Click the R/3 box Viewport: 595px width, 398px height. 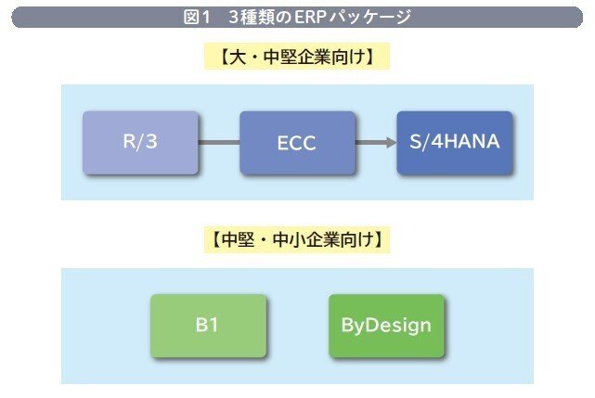point(140,143)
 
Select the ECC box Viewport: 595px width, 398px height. point(297,143)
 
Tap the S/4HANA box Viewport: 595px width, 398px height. point(454,143)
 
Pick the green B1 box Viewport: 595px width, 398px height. point(208,326)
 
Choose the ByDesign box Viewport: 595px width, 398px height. point(386,326)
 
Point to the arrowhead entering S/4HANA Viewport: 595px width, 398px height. point(389,143)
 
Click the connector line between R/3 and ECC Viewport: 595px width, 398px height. point(219,143)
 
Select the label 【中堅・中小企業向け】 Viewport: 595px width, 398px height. point(297,240)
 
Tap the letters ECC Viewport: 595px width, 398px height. point(297,144)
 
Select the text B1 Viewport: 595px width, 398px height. point(208,326)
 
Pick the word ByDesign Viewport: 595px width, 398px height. point(386,326)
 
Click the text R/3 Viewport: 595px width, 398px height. point(140,143)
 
